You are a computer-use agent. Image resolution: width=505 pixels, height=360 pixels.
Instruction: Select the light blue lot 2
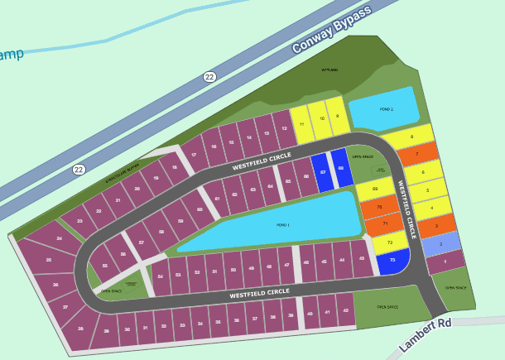pyautogui.click(x=441, y=244)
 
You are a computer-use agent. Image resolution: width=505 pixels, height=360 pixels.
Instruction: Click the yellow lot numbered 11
pyautogui.click(x=301, y=125)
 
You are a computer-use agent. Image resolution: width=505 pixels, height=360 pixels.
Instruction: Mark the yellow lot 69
pyautogui.click(x=375, y=190)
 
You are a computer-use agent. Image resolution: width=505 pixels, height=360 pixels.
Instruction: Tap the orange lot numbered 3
pyautogui.click(x=435, y=225)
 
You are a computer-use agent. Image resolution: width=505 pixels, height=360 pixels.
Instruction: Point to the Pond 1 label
pyautogui.click(x=283, y=224)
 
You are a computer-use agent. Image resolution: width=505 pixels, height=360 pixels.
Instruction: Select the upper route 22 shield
pyautogui.click(x=209, y=77)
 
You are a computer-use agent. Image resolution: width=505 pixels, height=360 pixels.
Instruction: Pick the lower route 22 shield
pyautogui.click(x=79, y=170)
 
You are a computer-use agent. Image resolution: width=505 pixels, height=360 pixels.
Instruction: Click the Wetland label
pyautogui.click(x=330, y=70)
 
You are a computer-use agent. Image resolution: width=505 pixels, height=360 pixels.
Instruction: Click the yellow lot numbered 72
pyautogui.click(x=389, y=242)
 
